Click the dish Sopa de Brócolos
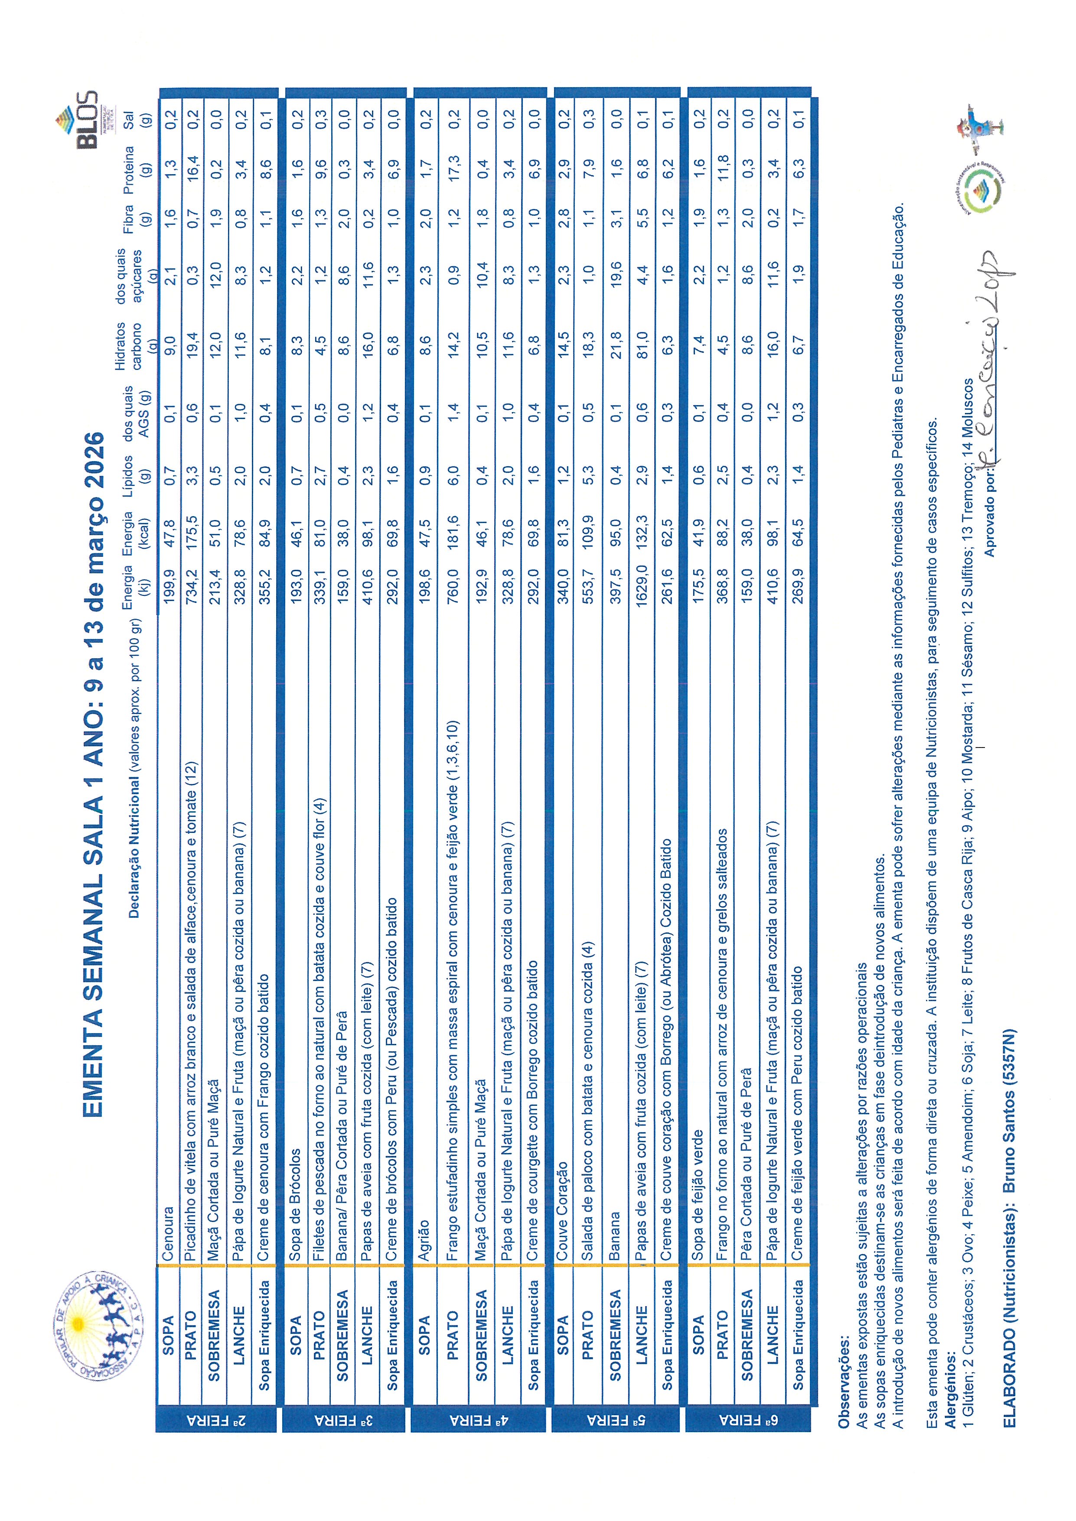pos(296,1195)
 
